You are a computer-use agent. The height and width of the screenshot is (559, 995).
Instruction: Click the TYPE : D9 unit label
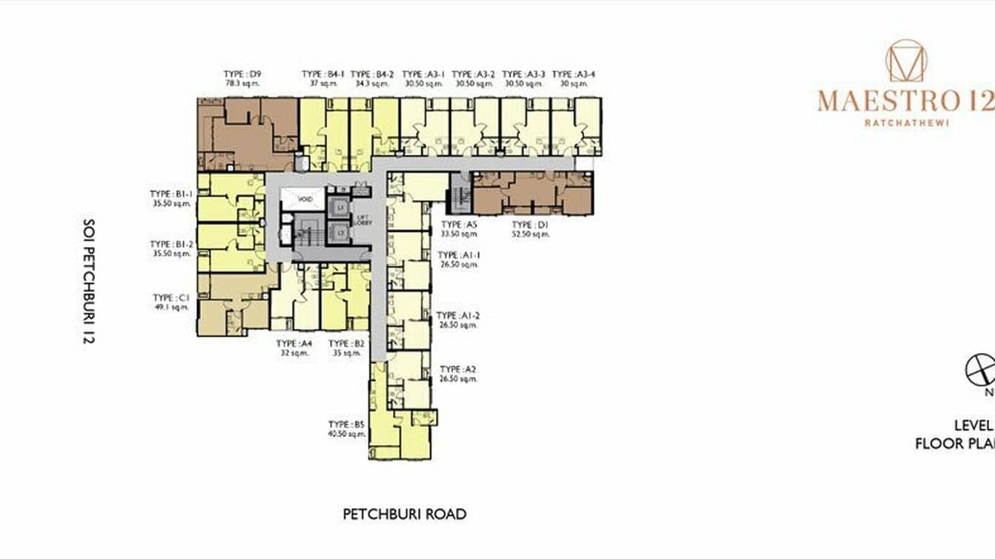[242, 74]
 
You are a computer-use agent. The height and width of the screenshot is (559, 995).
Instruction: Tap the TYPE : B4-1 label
[323, 74]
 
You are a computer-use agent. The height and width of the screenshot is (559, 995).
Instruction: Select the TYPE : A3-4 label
[574, 74]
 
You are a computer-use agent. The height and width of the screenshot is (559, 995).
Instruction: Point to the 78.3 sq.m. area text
[242, 84]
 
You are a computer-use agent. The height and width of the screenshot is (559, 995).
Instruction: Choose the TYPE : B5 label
[347, 425]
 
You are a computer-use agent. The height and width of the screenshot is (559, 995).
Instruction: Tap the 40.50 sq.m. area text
[347, 434]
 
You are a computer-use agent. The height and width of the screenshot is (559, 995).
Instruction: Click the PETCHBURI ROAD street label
[404, 514]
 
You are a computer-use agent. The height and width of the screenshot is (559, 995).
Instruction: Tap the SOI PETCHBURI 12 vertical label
[89, 282]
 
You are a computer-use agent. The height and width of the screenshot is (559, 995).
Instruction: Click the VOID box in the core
[301, 199]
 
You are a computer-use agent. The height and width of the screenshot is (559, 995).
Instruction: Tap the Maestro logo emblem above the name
[906, 61]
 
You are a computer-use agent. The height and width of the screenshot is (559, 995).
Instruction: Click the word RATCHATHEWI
[906, 123]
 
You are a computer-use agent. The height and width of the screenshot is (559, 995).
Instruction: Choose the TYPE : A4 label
[294, 344]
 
